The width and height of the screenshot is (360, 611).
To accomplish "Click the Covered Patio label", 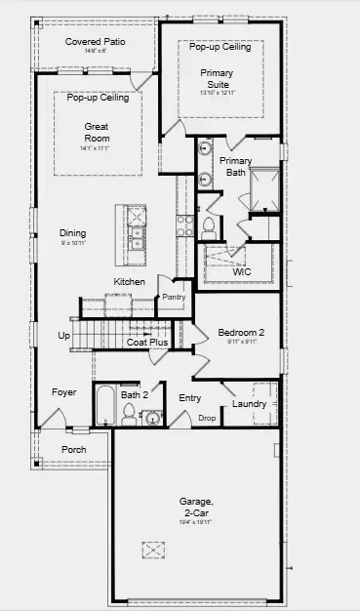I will pos(94,42).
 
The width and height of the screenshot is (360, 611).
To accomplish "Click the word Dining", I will pos(72,233).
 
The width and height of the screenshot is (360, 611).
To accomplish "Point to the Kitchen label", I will pos(130,282).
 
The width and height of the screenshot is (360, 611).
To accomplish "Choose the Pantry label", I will pos(174,297).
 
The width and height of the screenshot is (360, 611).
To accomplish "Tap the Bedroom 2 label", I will pos(241,331).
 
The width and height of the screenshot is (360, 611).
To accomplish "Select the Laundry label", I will pos(249,404).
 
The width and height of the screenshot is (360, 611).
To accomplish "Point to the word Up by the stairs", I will pos(64,335).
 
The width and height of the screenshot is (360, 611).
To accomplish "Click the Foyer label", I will pos(63,392).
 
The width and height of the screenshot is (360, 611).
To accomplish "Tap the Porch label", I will pos(73,450).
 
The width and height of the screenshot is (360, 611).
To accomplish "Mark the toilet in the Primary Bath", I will pos(208,225).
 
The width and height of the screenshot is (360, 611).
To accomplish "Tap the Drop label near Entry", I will pos(206,417).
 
